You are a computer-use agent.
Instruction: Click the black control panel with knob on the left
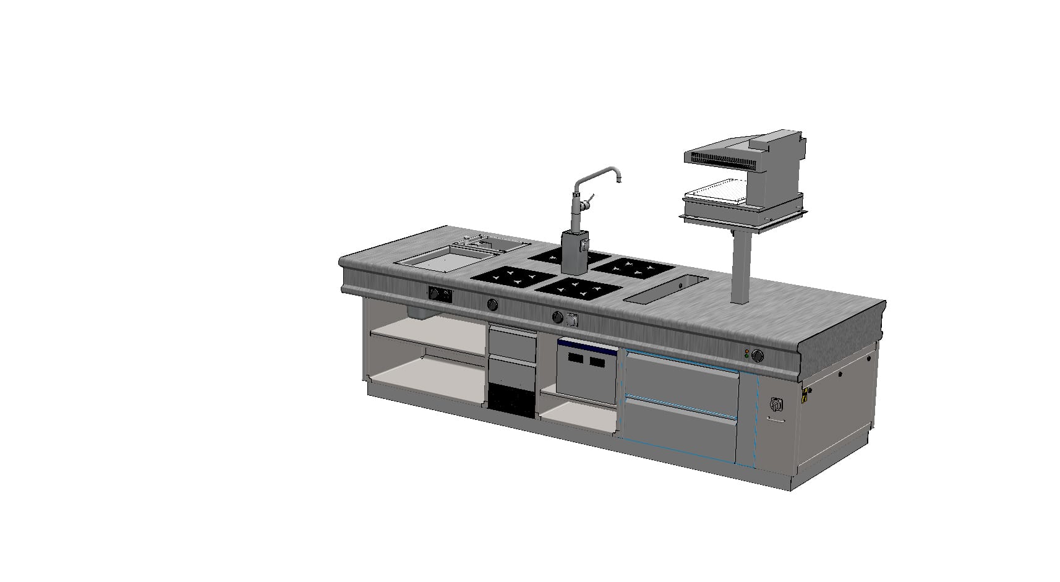[x=439, y=294]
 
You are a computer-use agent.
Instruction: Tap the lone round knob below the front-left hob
[x=493, y=304]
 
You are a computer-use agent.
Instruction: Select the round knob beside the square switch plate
[x=557, y=317]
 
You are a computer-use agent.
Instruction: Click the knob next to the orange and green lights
[x=757, y=356]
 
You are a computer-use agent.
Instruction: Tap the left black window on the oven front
[x=576, y=361]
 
